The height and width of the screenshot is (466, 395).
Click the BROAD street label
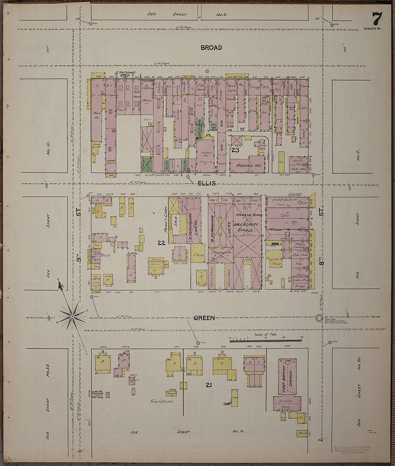click(x=211, y=48)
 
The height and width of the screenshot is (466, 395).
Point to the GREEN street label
click(x=204, y=318)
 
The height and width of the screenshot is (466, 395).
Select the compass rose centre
click(x=72, y=316)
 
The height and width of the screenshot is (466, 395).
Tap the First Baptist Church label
click(x=286, y=378)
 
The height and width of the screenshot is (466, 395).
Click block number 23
click(x=235, y=150)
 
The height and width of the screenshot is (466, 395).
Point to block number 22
click(x=161, y=243)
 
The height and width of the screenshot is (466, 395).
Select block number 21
click(x=208, y=385)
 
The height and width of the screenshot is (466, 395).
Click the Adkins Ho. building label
click(x=245, y=166)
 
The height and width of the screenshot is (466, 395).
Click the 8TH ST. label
click(x=321, y=233)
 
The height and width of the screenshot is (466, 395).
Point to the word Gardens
click(x=162, y=401)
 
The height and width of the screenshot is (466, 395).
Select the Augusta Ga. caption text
click(x=373, y=28)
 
